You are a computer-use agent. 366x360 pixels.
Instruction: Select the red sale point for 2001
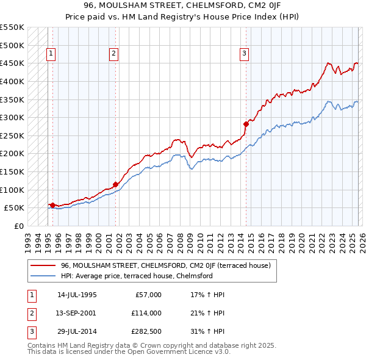tap(115, 184)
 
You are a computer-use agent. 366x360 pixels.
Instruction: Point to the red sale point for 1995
tap(52, 205)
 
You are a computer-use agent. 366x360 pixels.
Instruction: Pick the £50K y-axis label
tap(14, 207)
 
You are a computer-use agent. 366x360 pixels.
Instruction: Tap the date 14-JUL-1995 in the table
tap(77, 295)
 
